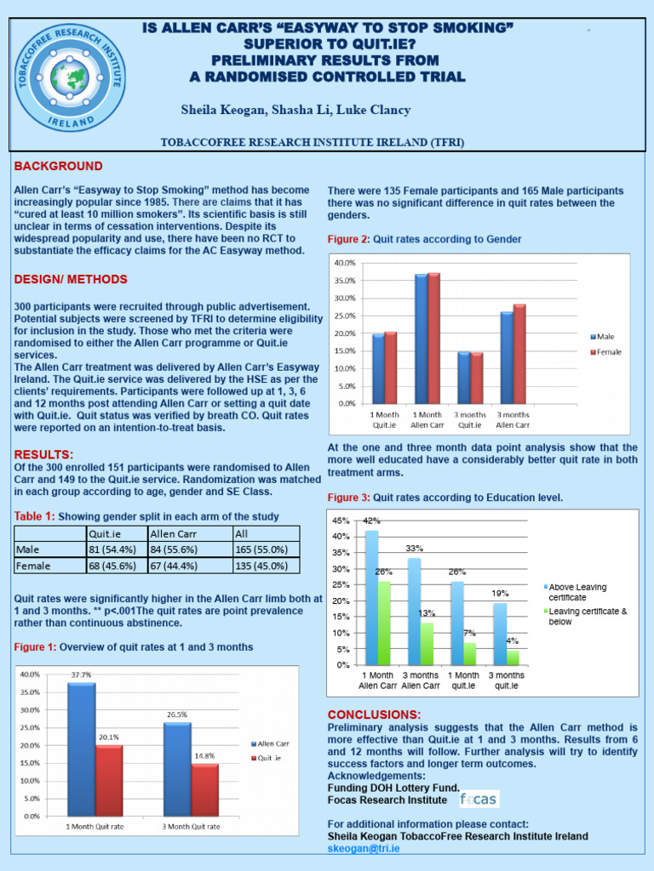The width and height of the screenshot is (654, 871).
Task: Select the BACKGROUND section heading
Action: tap(58, 166)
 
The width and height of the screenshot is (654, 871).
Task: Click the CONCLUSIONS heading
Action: tap(373, 714)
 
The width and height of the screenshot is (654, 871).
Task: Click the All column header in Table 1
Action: tap(244, 533)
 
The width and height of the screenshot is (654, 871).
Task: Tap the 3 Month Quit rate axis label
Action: tap(191, 826)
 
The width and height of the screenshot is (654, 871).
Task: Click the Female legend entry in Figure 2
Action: tap(608, 351)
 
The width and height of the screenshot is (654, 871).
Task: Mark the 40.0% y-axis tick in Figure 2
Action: tap(344, 262)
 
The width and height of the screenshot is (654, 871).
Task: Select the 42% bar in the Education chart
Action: tap(371, 596)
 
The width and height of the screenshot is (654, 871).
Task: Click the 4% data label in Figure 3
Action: tap(513, 640)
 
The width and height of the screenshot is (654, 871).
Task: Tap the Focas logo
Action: tap(479, 799)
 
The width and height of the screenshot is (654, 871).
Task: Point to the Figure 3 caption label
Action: tap(348, 497)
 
